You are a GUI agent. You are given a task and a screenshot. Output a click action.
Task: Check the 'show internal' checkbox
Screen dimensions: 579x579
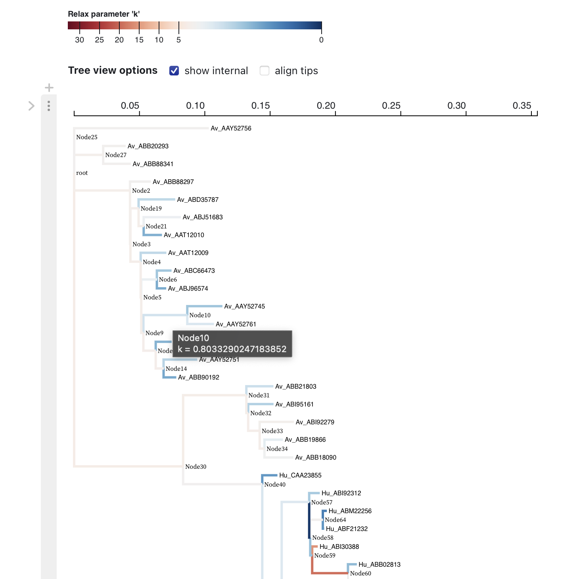174,71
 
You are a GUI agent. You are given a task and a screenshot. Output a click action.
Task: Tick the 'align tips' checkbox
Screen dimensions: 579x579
265,71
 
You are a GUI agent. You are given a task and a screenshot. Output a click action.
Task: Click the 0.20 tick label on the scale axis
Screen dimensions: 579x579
326,105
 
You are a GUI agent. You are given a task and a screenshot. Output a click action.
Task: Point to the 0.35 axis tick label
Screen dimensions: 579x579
521,105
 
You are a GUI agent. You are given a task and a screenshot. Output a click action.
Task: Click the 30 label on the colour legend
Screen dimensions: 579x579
79,40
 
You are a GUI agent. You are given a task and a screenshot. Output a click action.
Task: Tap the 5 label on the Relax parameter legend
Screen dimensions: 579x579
178,40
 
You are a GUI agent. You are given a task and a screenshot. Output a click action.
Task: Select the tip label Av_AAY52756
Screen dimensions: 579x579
231,128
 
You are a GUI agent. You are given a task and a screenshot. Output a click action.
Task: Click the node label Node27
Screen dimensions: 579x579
116,155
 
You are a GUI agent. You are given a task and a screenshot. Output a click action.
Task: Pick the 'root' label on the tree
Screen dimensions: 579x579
82,173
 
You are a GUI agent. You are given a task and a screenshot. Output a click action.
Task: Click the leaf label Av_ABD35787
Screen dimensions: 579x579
197,199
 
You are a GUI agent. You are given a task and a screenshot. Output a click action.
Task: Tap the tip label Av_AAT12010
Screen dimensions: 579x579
184,235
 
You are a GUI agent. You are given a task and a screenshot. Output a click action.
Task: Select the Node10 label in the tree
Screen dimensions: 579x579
200,315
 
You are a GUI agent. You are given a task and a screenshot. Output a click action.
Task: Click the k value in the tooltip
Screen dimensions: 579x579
232,349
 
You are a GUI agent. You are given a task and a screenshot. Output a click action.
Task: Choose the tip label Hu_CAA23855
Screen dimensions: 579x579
300,475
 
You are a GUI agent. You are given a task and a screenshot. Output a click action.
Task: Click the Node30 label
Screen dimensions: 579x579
196,467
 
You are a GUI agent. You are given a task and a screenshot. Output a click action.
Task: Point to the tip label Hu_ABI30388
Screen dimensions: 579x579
339,546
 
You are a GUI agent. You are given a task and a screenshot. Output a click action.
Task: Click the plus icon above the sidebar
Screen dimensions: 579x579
49,87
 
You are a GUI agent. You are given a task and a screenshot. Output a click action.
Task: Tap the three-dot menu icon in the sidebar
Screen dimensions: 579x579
49,106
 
